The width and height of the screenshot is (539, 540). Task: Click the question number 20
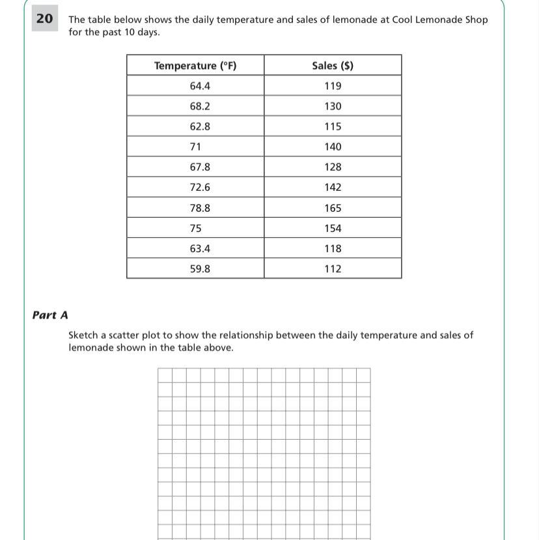[x=44, y=19]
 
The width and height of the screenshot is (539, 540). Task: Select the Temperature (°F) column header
[x=195, y=66]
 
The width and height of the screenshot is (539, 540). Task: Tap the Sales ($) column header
[x=333, y=66]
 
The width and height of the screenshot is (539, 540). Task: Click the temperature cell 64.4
[x=200, y=86]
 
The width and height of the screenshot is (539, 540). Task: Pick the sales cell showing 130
[x=333, y=106]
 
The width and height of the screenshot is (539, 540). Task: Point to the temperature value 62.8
[x=200, y=126]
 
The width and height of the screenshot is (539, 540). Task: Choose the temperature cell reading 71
[x=196, y=147]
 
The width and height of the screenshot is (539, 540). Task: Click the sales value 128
[x=333, y=167]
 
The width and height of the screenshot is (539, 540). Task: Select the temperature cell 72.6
[x=200, y=187]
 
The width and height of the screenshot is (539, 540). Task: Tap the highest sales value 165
[x=333, y=208]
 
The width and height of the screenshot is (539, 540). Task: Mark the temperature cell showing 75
[x=196, y=229]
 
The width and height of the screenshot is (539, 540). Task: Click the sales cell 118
[x=333, y=249]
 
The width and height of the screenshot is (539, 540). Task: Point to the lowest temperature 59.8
[x=200, y=269]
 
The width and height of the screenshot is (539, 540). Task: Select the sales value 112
[x=333, y=269]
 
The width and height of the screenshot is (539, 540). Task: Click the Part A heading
[x=50, y=315]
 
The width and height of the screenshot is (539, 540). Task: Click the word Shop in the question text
[x=476, y=20]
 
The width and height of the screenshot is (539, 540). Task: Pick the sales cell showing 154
[x=333, y=229]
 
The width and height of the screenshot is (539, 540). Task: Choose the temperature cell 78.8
[x=200, y=208]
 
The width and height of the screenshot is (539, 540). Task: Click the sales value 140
[x=333, y=147]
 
